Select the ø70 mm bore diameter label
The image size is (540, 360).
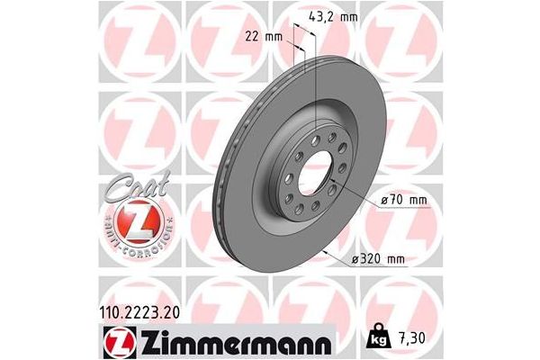coord(395,199)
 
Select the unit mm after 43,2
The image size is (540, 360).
coord(345,16)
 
